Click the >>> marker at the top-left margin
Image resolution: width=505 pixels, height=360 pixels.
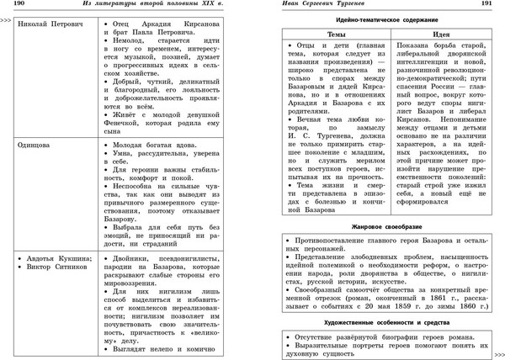coord(6,16)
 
